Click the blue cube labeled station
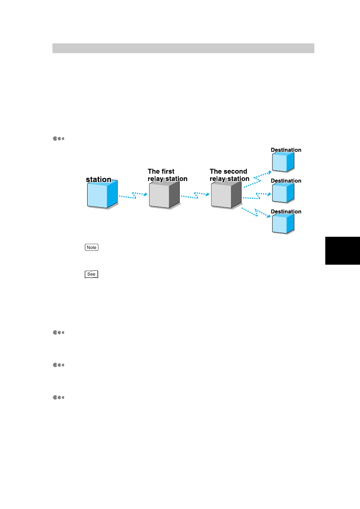[x=102, y=194]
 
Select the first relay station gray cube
[x=164, y=194]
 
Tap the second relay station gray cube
[x=226, y=194]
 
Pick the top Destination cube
[x=283, y=162]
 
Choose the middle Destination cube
[x=283, y=193]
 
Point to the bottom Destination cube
[x=283, y=224]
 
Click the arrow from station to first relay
[x=133, y=195]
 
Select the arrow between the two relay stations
[x=195, y=195]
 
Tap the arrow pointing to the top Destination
[x=257, y=179]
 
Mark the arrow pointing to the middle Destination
[x=257, y=196]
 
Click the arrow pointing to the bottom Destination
[x=256, y=213]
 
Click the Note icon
[x=92, y=247]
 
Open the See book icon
[x=91, y=274]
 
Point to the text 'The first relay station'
[x=168, y=175]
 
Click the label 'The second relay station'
[x=229, y=175]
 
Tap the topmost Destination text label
[x=286, y=150]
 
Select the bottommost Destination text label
[x=286, y=212]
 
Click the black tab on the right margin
[x=343, y=251]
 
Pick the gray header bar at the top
[x=183, y=48]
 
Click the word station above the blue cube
[x=99, y=179]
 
